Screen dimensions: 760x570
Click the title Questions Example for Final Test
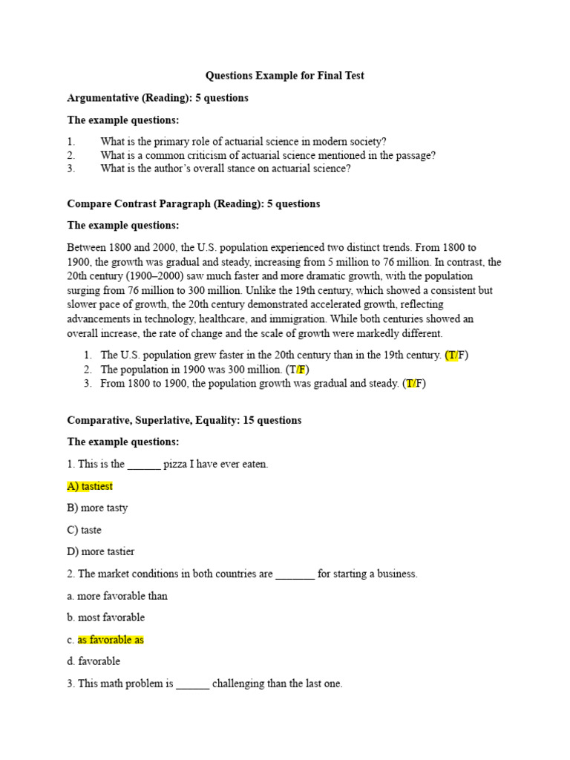[285, 76]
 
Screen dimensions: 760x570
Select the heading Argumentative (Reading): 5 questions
[157, 98]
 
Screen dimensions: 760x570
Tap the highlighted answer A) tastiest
[90, 486]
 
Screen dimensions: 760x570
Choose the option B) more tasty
[97, 508]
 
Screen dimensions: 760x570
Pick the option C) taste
[84, 530]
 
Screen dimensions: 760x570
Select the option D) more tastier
[101, 552]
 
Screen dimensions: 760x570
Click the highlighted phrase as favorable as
[111, 640]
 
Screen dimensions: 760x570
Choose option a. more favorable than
[117, 596]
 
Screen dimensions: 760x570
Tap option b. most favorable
[106, 617]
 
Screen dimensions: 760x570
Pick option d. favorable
[94, 661]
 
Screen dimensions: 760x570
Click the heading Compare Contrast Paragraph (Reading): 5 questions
[194, 204]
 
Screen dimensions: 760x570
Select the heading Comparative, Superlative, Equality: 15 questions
[184, 420]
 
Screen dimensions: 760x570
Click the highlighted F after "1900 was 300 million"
[302, 370]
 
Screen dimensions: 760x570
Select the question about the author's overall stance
[226, 168]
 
